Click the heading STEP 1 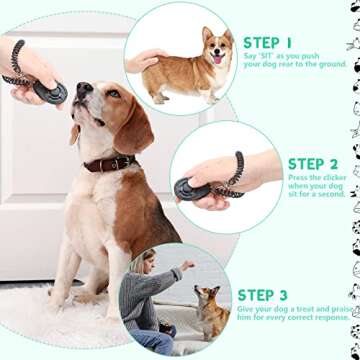coord(268,43)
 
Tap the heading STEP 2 coord(313,164)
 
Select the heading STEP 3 coord(262,295)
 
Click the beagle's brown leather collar coord(109,162)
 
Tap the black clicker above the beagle coord(49,91)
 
